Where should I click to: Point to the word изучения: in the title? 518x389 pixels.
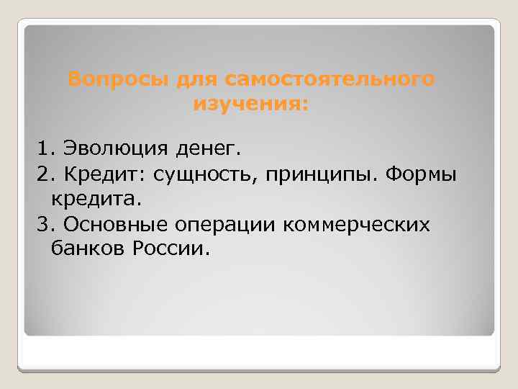(250, 105)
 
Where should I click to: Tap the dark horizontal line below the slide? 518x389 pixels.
(259, 370)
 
